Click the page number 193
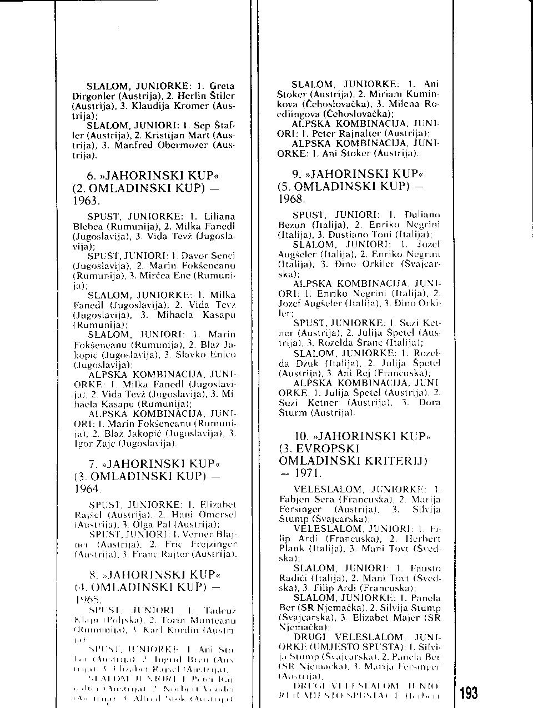469,693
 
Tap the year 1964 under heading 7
87,489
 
